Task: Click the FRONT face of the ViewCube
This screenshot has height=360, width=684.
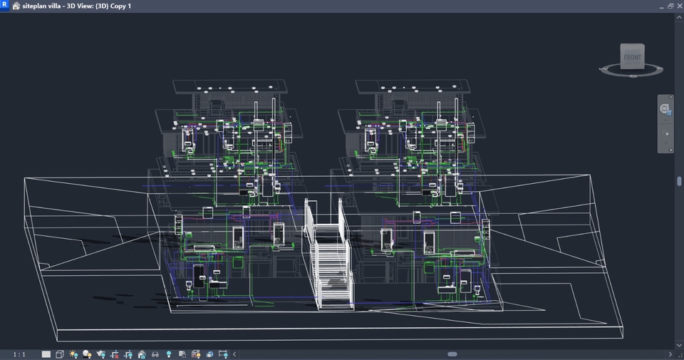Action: [x=631, y=57]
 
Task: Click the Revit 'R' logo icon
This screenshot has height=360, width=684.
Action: [x=4, y=6]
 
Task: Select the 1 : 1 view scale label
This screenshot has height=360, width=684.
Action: [x=19, y=354]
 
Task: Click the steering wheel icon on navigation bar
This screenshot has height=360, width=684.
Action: [x=665, y=109]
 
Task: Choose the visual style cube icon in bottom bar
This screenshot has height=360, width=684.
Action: [x=60, y=354]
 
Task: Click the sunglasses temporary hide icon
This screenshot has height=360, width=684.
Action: [x=155, y=354]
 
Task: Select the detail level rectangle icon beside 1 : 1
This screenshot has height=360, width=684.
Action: [x=46, y=354]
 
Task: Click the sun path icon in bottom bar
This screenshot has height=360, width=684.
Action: [x=73, y=354]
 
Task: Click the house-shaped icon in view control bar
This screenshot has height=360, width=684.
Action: [x=141, y=354]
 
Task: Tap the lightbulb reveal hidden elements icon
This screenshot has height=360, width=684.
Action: [x=168, y=354]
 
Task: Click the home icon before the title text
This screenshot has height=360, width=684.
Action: [x=16, y=6]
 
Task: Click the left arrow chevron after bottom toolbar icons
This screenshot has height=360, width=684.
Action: [x=234, y=354]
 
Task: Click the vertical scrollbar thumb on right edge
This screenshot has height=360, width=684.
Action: [x=680, y=181]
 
